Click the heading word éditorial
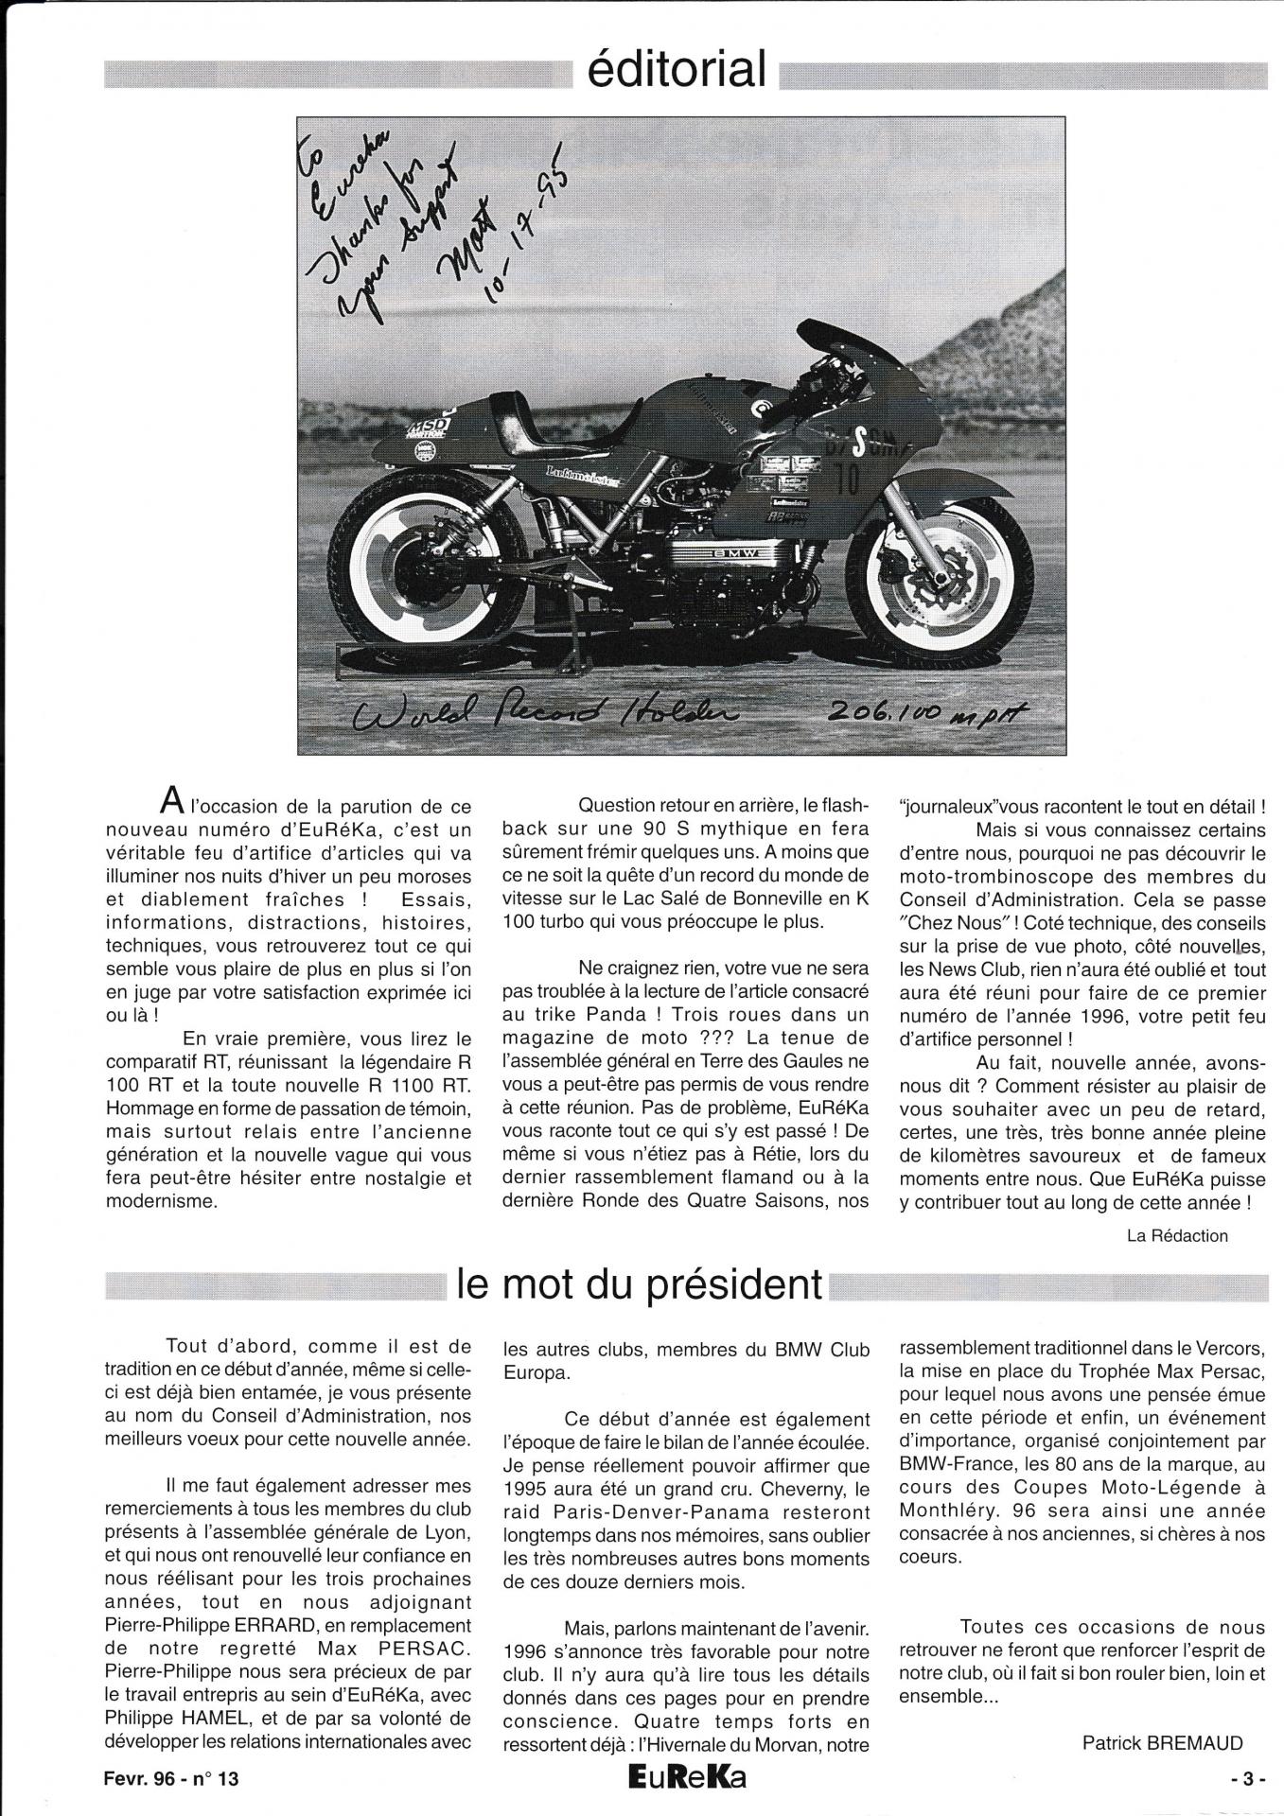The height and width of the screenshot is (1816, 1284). (x=677, y=69)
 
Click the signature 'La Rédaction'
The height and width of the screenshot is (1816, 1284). (x=1177, y=1234)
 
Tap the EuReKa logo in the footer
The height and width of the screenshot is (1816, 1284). (x=679, y=1777)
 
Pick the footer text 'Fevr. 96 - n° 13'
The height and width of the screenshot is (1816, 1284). (x=172, y=1777)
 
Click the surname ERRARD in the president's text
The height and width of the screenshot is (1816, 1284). (x=426, y=1625)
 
